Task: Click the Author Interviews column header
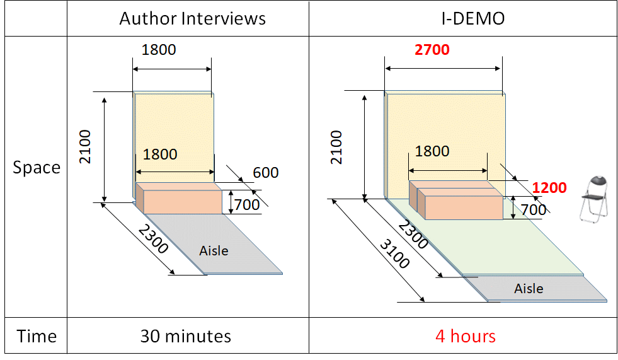point(192,18)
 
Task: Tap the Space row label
point(37,168)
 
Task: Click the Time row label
point(37,336)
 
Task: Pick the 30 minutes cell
point(185,336)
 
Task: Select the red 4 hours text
point(465,336)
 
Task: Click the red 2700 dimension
point(432,49)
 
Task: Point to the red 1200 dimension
point(549,188)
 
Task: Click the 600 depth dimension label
point(265,172)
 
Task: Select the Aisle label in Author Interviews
point(214,250)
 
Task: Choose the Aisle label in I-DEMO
point(528,288)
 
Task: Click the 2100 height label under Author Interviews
point(85,147)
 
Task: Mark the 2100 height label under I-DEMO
point(337,147)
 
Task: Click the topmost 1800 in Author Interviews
point(159,49)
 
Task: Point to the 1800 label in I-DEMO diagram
point(432,151)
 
